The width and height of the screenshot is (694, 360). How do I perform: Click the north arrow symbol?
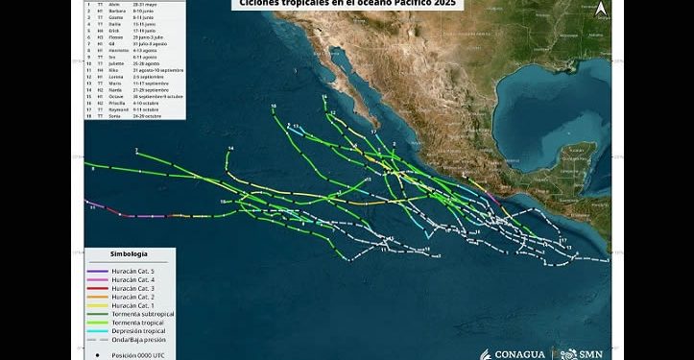(x=600, y=10)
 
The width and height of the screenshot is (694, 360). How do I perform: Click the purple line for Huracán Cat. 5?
(x=98, y=271)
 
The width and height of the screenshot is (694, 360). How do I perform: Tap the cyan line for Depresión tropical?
(x=98, y=331)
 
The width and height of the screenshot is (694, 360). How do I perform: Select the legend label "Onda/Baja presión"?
(x=140, y=340)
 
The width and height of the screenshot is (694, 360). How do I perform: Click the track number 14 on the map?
(x=231, y=149)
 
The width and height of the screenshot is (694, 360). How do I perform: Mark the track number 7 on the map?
(x=137, y=152)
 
